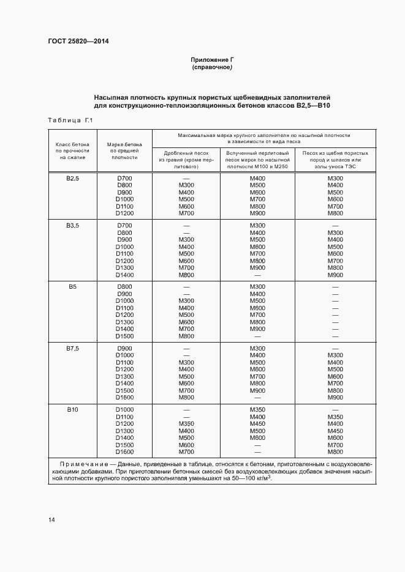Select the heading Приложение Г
coord(212,59)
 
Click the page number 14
coord(51,519)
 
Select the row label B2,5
coord(73,178)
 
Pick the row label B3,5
coord(73,226)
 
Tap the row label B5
coord(73,286)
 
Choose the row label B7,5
coord(73,348)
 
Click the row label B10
coord(73,409)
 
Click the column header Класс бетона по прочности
coord(73,150)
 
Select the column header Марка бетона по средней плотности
coord(124,150)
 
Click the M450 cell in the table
coord(257,423)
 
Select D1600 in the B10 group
coord(124,452)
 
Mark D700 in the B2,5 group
coord(124,178)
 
